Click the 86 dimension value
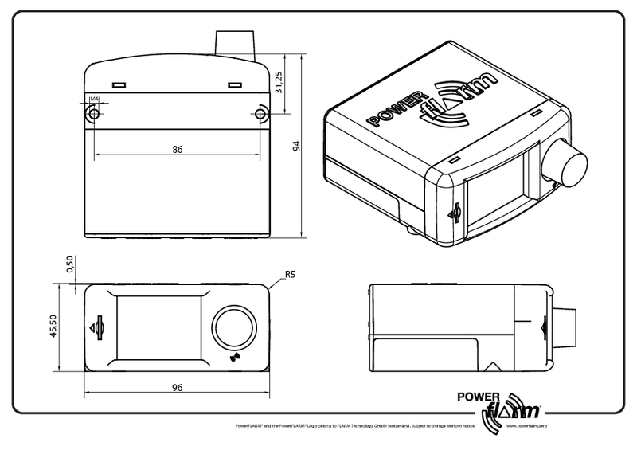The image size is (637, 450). point(178,148)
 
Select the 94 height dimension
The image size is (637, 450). point(295,147)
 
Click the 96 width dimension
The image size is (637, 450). point(178,388)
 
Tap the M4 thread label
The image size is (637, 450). point(94,100)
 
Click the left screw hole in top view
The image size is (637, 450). point(94,115)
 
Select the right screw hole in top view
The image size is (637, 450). point(261,115)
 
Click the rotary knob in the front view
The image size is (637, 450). point(235,327)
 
